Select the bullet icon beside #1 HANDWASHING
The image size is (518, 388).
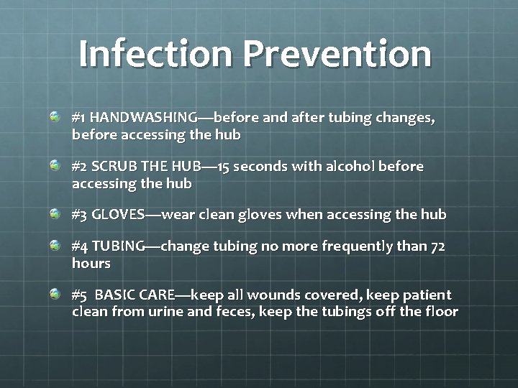pyautogui.click(x=55, y=116)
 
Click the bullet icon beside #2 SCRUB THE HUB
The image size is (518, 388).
pyautogui.click(x=55, y=165)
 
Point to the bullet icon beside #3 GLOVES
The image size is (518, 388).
pyautogui.click(x=55, y=213)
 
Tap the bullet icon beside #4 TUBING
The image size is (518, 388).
pyautogui.click(x=55, y=246)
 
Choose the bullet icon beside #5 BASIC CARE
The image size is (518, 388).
pyautogui.click(x=55, y=294)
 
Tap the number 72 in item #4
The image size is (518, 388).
pyautogui.click(x=437, y=246)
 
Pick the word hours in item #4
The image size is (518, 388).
pyautogui.click(x=91, y=264)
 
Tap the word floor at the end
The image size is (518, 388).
pyautogui.click(x=440, y=312)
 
